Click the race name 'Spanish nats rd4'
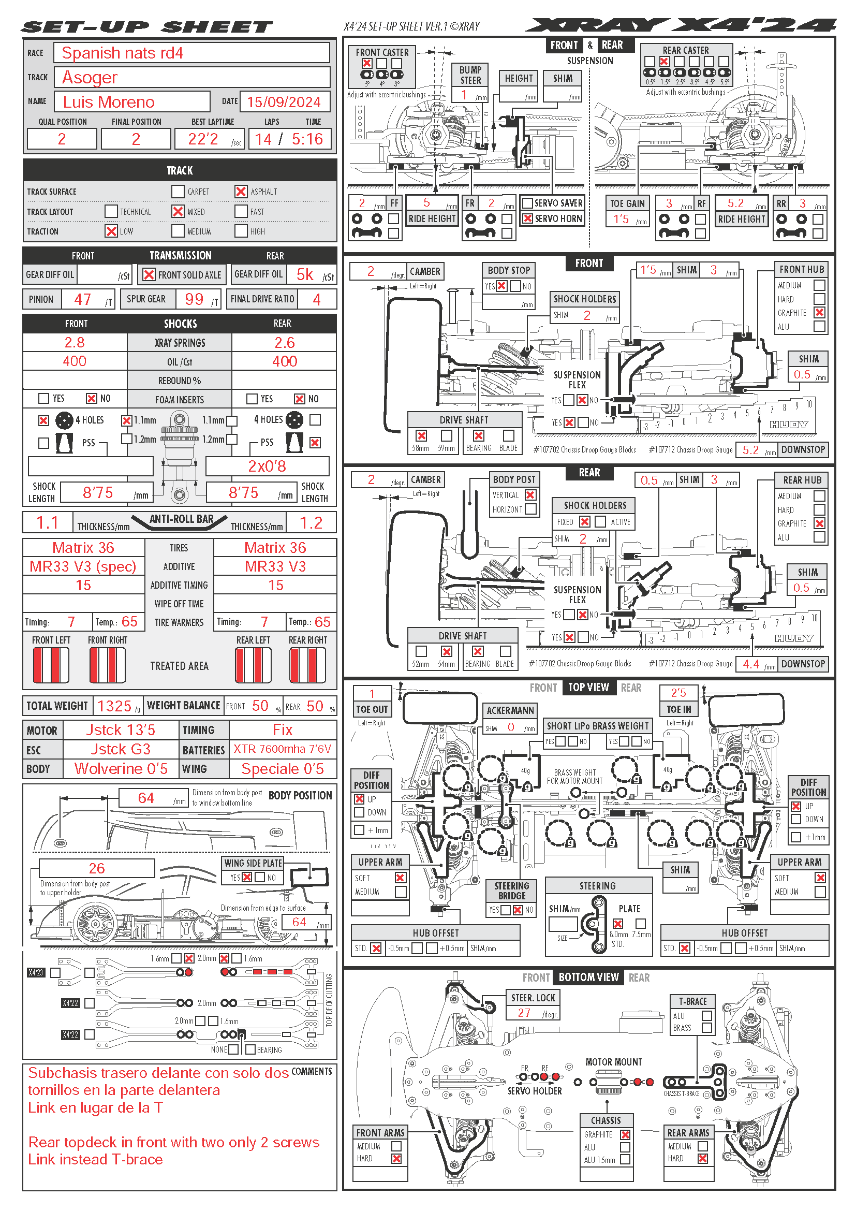pyautogui.click(x=122, y=53)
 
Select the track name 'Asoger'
pyautogui.click(x=90, y=78)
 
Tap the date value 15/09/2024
pyautogui.click(x=284, y=102)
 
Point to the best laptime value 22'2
pyautogui.click(x=203, y=139)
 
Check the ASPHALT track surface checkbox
pyautogui.click(x=241, y=192)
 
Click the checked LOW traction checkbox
pyautogui.click(x=111, y=231)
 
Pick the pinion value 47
pyautogui.click(x=82, y=299)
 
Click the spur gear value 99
pyautogui.click(x=194, y=299)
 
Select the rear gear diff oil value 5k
pyautogui.click(x=305, y=274)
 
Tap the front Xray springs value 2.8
pyautogui.click(x=75, y=342)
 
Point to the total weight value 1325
pyautogui.click(x=114, y=706)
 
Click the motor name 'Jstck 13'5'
pyautogui.click(x=121, y=730)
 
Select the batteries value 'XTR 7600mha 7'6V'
pyautogui.click(x=283, y=749)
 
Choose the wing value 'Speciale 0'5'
pyautogui.click(x=283, y=768)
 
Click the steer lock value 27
pyautogui.click(x=524, y=1013)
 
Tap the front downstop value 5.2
pyautogui.click(x=750, y=450)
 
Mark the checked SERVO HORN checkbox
pyautogui.click(x=527, y=218)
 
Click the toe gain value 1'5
pyautogui.click(x=621, y=219)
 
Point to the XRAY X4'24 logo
pyautogui.click(x=681, y=25)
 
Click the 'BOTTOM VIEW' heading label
pyautogui.click(x=588, y=977)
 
